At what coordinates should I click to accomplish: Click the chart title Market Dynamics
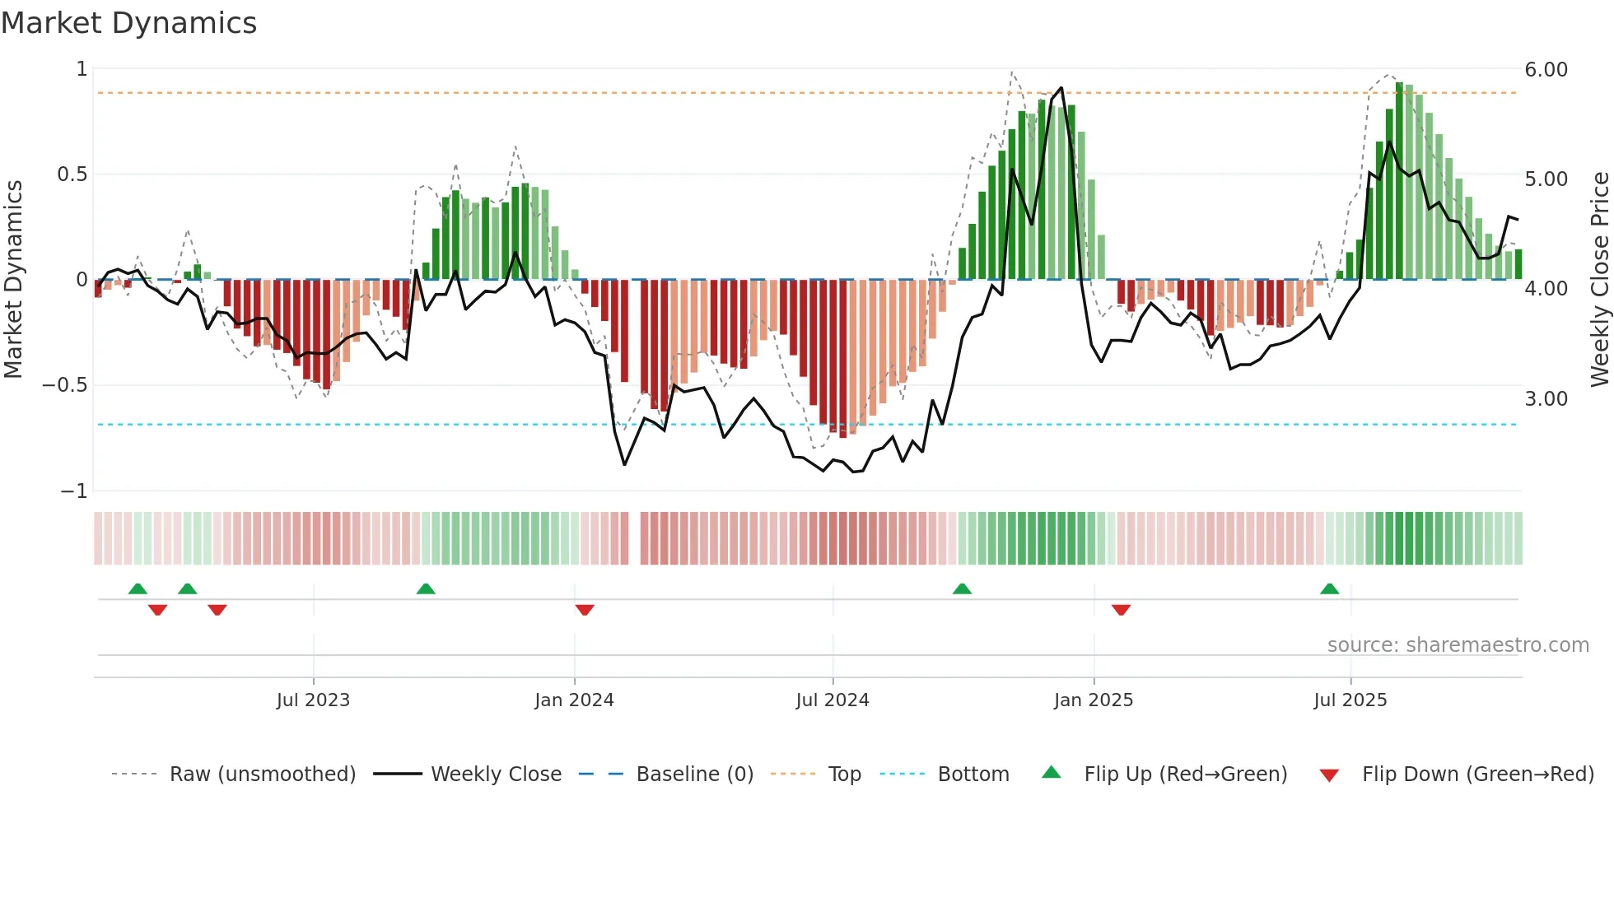(128, 23)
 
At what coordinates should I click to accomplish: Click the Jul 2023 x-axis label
(313, 700)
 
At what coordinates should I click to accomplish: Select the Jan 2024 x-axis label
(574, 700)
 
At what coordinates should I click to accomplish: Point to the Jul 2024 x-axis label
(833, 700)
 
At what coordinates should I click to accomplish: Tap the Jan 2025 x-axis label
(1094, 700)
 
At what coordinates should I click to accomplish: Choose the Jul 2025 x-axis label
(1350, 700)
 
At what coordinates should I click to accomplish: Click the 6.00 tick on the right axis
(1546, 70)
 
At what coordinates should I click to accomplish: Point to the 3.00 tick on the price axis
(1546, 399)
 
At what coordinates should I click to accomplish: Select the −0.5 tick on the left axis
(64, 385)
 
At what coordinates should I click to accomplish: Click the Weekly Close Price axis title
(1599, 280)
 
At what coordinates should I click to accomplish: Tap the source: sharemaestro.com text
(1458, 645)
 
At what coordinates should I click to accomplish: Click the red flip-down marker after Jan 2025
(1121, 610)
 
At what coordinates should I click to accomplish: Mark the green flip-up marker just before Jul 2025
(1329, 588)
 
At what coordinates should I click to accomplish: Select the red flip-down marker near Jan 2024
(585, 610)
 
